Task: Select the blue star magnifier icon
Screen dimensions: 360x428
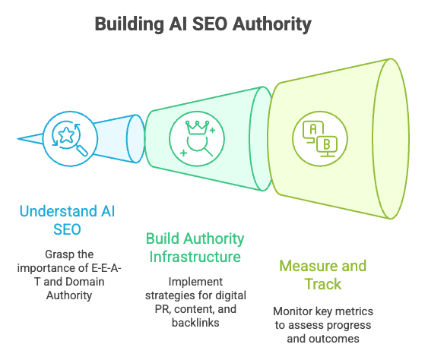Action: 67,139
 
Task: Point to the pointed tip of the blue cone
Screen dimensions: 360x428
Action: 17,140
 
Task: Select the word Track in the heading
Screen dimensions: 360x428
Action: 322,284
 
